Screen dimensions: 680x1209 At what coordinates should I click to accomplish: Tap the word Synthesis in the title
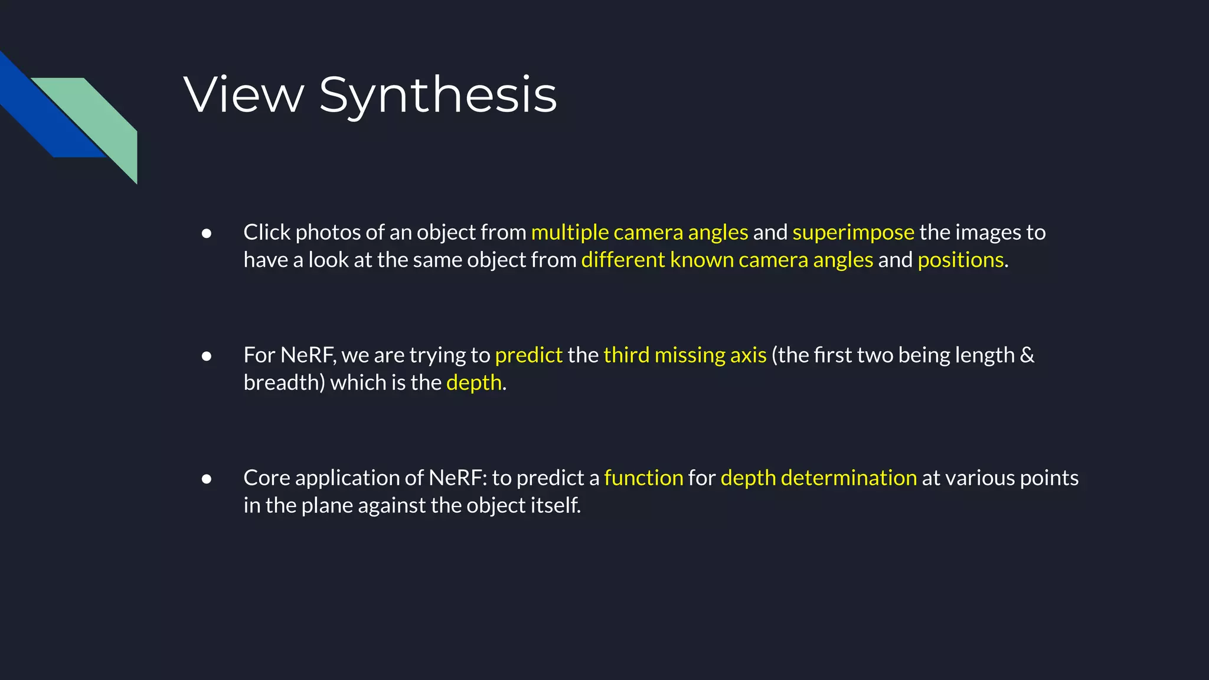(437, 96)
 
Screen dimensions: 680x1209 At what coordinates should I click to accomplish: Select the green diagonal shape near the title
(100, 118)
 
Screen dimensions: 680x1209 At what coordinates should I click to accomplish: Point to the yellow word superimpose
(853, 233)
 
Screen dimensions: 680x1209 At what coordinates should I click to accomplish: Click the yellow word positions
(960, 260)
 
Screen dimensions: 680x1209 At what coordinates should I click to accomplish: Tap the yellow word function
(643, 478)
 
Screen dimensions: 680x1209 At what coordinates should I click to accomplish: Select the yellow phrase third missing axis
(685, 355)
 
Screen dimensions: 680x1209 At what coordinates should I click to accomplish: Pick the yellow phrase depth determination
(819, 478)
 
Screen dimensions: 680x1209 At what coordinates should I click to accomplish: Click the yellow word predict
(528, 355)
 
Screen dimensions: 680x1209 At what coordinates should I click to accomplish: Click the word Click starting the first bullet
(267, 233)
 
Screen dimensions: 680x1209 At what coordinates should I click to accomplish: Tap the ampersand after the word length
(1027, 355)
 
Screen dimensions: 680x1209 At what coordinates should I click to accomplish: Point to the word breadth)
(284, 382)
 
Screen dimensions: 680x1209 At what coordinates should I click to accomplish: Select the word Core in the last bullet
(266, 478)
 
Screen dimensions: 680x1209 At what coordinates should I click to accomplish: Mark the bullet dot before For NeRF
(207, 356)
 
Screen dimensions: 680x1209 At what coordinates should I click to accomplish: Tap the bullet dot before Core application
(207, 479)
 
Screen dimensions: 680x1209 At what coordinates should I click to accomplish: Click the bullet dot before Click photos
(207, 234)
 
